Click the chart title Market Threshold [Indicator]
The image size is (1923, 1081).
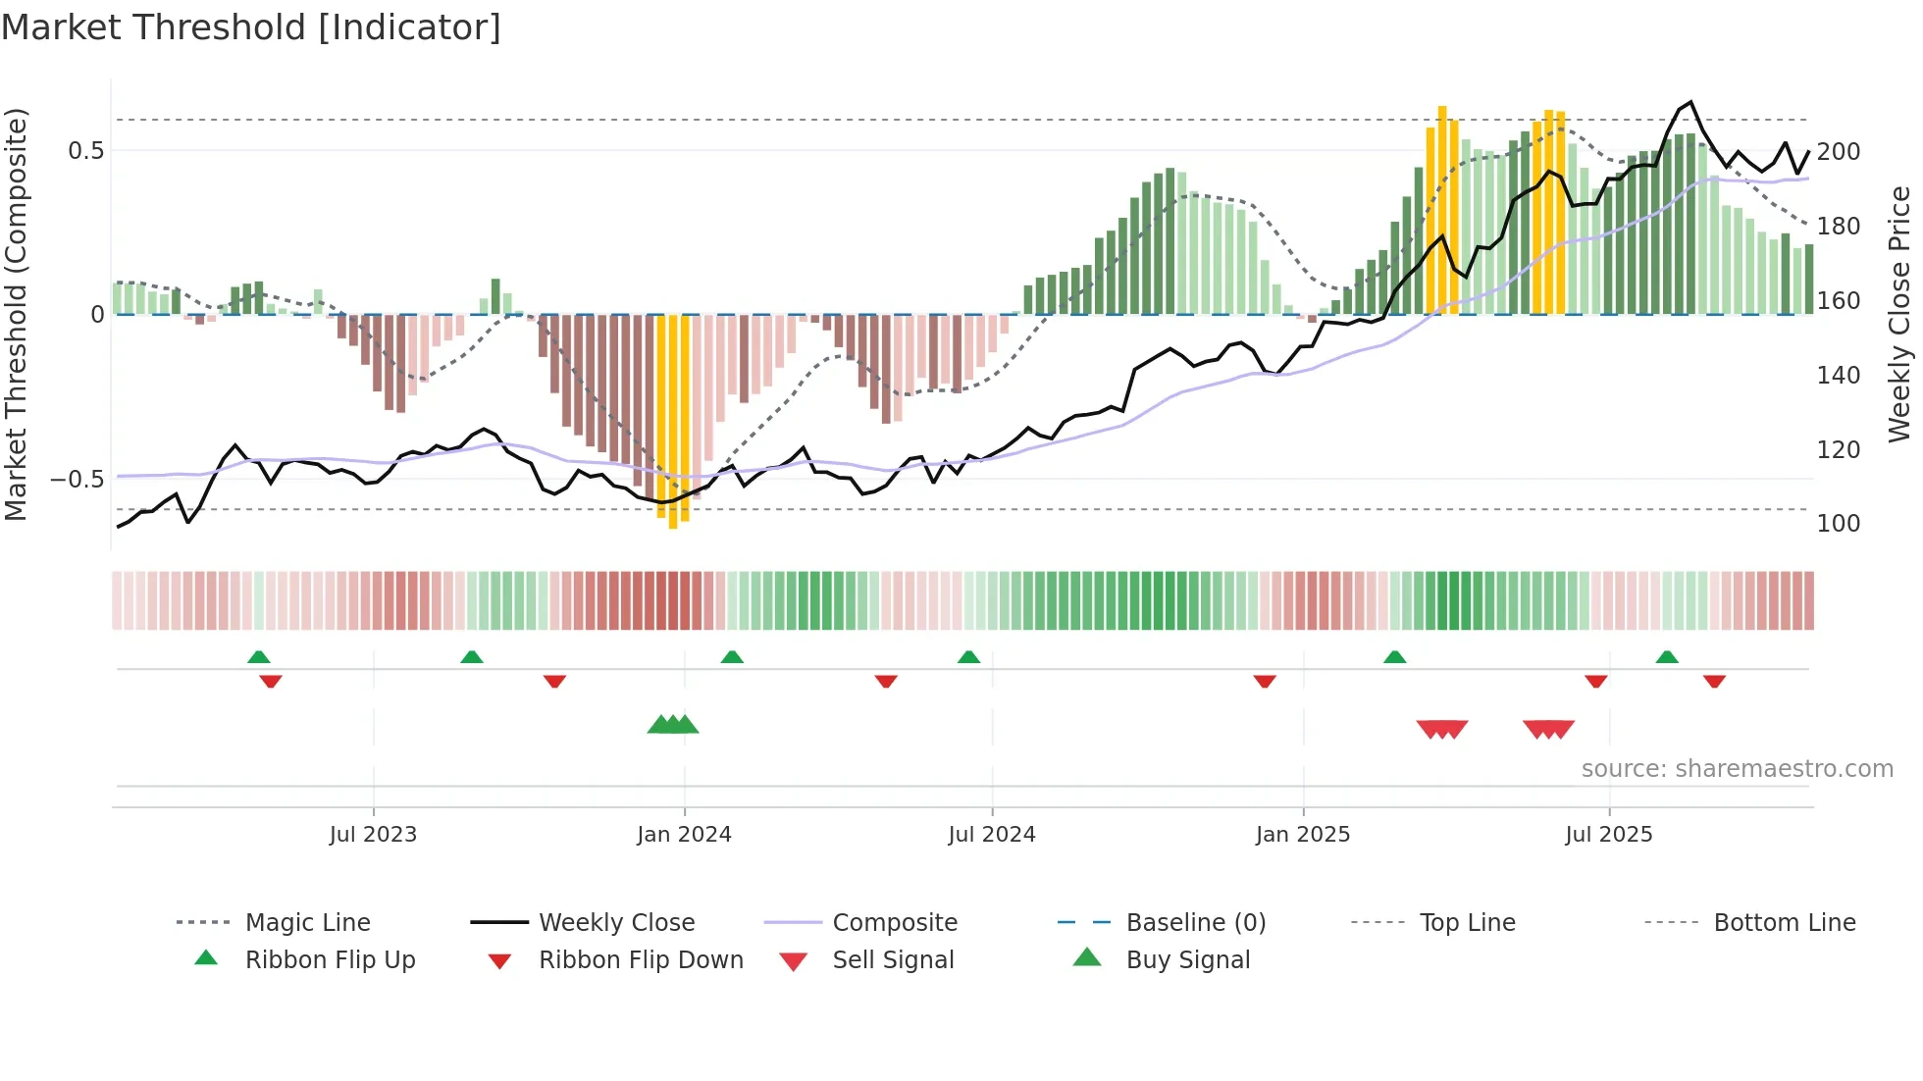[x=251, y=27]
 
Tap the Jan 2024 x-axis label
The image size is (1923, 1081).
[x=684, y=834]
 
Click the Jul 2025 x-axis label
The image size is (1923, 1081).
[x=1608, y=834]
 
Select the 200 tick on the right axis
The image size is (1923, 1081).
[x=1838, y=151]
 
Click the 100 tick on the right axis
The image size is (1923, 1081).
[x=1838, y=523]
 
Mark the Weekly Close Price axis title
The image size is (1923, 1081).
[x=1899, y=314]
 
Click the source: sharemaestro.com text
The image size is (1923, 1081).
[x=1737, y=768]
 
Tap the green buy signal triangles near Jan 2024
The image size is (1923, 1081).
[x=673, y=725]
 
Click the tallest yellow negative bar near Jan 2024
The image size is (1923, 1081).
[x=673, y=422]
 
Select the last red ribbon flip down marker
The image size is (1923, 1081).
[x=1714, y=681]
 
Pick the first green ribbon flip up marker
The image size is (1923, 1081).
[x=258, y=657]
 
